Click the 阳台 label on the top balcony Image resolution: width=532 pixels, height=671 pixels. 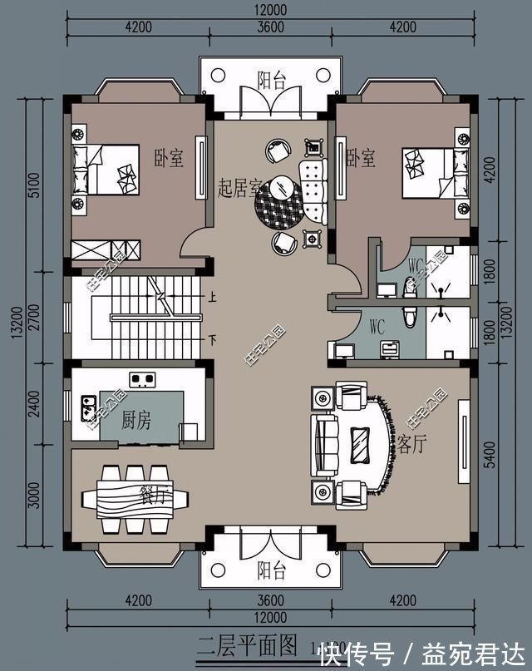[x=271, y=81]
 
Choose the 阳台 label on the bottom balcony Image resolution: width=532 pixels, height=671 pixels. [x=271, y=571]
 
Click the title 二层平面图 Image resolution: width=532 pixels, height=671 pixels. [x=247, y=644]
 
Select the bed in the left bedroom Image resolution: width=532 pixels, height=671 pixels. [x=104, y=169]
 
